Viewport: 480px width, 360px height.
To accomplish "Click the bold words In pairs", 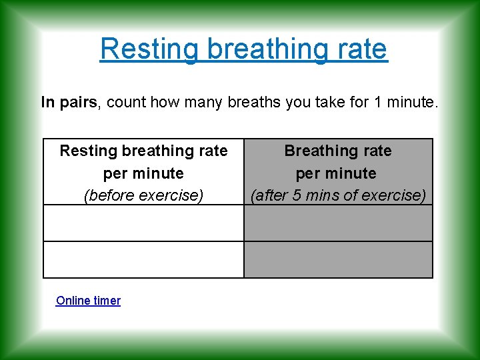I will [69, 102].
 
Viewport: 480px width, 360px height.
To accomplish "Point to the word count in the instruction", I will [123, 102].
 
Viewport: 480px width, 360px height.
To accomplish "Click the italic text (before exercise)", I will [143, 196].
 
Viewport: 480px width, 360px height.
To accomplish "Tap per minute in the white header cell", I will [143, 173].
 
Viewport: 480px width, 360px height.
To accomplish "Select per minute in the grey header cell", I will [338, 173].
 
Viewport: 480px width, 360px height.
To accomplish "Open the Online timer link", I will [88, 301].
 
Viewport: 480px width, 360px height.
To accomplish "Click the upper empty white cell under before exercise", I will [143, 223].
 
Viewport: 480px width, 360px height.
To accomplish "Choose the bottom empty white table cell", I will [143, 259].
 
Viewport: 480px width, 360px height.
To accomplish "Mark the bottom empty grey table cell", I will [338, 259].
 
